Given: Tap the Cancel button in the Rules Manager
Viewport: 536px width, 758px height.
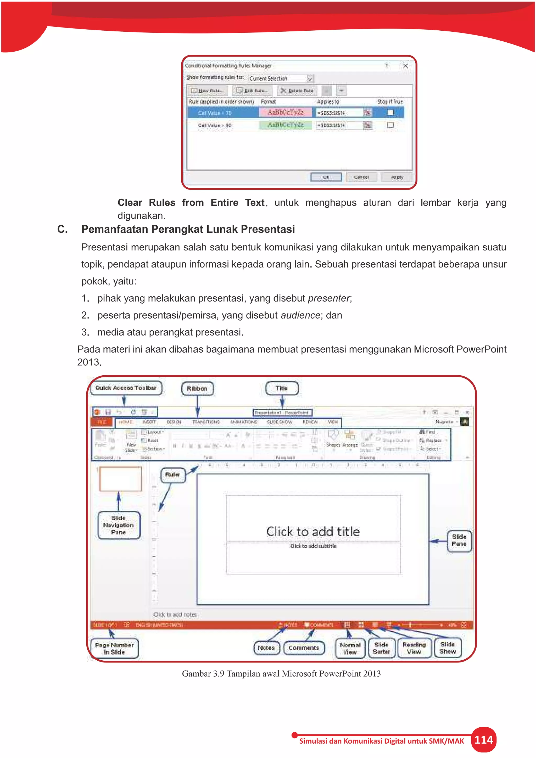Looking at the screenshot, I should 361,177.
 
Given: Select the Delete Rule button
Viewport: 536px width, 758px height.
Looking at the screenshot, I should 297,91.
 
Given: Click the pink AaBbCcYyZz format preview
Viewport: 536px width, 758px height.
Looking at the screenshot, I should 286,113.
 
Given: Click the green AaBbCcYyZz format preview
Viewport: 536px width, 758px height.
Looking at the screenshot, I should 286,125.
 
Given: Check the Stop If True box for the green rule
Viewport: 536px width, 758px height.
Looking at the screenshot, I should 390,125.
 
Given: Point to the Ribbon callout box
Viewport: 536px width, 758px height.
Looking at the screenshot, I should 197,389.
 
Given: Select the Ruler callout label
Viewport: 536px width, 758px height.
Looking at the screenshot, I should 173,475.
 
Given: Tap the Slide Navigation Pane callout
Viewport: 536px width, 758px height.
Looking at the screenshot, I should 119,525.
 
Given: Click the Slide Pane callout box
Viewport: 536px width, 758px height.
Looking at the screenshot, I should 459,540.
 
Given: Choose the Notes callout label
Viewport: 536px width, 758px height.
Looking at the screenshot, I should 266,648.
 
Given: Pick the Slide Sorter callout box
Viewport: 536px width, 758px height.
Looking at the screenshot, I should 381,648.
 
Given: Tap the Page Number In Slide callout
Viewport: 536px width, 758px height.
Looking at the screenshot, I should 114,648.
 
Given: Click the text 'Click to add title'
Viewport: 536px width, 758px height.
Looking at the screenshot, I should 313,532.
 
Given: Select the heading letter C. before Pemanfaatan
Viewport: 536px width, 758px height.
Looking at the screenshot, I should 62,229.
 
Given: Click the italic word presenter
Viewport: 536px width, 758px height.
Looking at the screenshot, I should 328,298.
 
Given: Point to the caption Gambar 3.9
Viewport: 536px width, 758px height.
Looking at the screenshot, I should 281,673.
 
